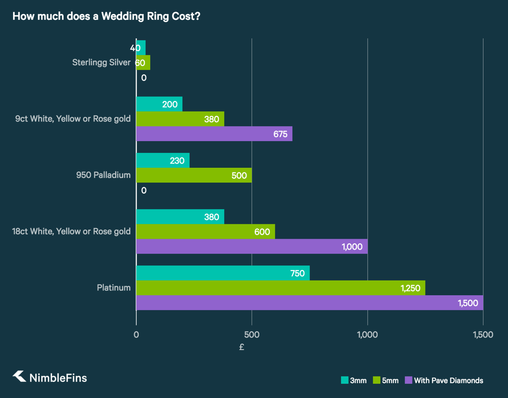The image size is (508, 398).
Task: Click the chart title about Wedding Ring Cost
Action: [x=106, y=16]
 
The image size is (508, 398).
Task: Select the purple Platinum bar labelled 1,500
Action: [x=310, y=303]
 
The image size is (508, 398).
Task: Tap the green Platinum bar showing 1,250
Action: [x=281, y=288]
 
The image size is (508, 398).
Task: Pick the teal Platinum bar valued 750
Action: [x=223, y=273]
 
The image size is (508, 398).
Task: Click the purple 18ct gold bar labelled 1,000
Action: [x=252, y=246]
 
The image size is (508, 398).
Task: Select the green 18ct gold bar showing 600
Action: [x=205, y=232]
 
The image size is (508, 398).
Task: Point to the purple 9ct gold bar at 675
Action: [x=214, y=134]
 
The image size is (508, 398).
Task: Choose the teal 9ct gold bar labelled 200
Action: [x=159, y=104]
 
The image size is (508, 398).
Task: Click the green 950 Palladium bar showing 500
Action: [x=194, y=175]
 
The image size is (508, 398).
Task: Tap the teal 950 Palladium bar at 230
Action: [x=163, y=160]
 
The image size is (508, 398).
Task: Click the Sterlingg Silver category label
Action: [x=101, y=62]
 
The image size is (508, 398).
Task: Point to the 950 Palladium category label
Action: [x=103, y=175]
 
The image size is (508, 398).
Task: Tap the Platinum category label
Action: [x=114, y=288]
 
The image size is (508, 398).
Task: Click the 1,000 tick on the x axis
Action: [x=367, y=335]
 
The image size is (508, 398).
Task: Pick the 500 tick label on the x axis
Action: [x=252, y=335]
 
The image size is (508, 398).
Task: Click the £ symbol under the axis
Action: [x=242, y=347]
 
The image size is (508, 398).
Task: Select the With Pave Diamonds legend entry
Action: [x=444, y=380]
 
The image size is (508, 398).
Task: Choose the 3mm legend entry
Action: [x=354, y=380]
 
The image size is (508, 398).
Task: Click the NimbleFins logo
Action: [x=50, y=377]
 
